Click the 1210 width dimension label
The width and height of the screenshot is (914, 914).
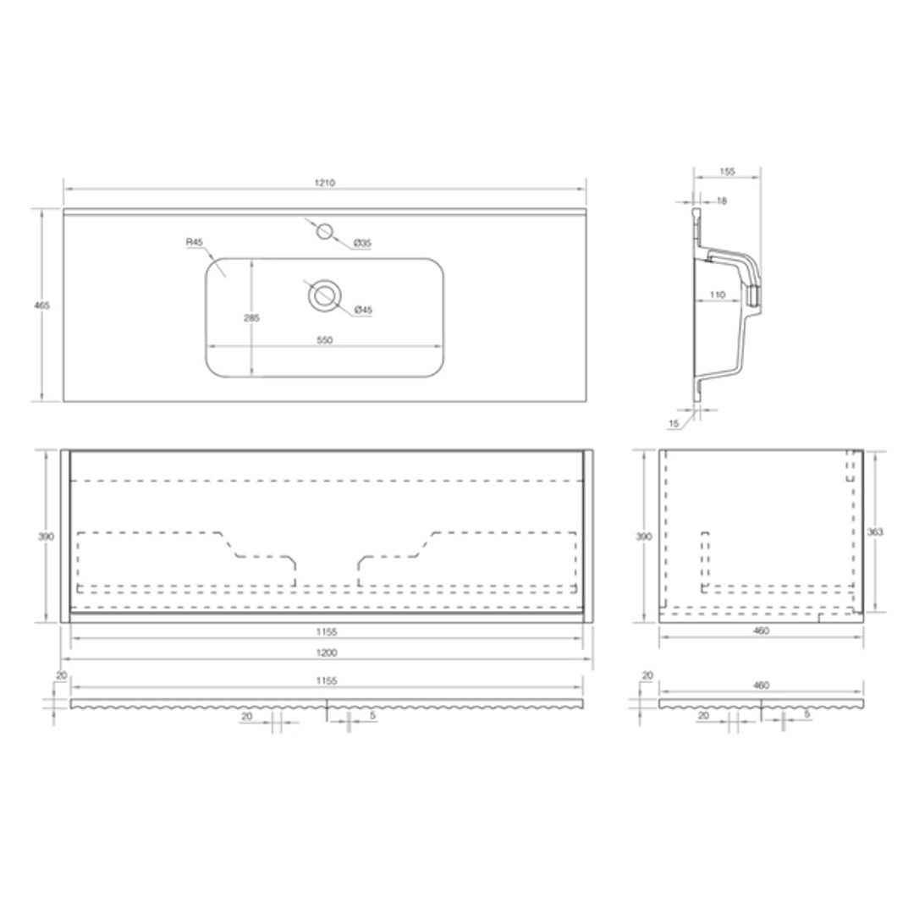point(325,183)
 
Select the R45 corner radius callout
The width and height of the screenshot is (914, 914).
point(194,242)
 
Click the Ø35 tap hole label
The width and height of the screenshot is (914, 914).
point(362,243)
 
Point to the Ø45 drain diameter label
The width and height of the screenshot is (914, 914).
point(362,310)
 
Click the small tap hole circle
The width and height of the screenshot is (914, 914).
point(325,231)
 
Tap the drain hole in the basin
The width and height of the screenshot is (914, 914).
point(323,295)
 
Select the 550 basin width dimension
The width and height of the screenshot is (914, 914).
point(325,340)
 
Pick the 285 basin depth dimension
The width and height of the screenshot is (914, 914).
point(252,317)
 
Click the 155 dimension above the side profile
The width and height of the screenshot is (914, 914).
point(727,171)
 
